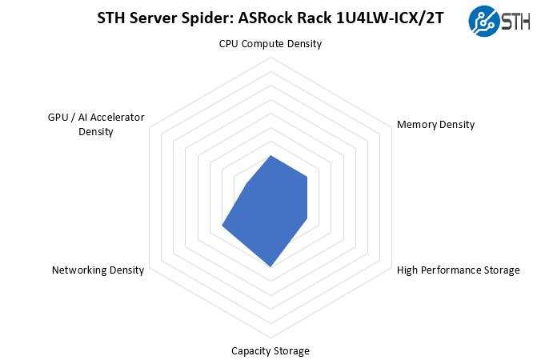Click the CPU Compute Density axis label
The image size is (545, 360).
tap(270, 44)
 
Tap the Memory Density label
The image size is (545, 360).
tap(435, 124)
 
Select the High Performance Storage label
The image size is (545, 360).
tap(458, 270)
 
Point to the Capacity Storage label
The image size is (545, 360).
tap(270, 350)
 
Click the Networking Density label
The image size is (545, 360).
tap(98, 270)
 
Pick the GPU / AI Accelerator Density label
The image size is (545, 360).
tap(96, 124)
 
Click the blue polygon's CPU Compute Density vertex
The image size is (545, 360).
tap(271, 154)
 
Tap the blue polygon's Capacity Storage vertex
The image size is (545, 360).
tap(271, 266)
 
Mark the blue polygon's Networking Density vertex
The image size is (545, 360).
tap(222, 229)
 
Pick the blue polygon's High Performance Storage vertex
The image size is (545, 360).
tap(308, 216)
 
